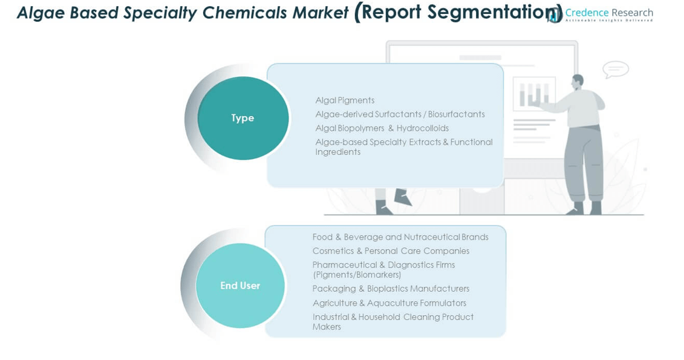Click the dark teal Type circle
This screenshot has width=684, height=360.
coord(243,118)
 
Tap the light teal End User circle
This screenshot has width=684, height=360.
coord(240,286)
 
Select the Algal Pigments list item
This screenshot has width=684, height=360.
coord(345,100)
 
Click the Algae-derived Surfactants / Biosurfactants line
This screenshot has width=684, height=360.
coord(400,114)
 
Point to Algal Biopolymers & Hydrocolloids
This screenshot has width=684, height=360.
coord(382,128)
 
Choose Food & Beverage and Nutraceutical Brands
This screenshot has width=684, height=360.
coord(400,237)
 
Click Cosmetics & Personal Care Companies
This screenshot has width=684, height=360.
coord(391,251)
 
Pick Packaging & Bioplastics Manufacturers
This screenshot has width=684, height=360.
coord(391,289)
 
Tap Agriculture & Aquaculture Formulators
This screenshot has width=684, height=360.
coord(389,303)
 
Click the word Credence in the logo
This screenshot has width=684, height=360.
coord(587,13)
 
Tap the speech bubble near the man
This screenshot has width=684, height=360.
coord(616,70)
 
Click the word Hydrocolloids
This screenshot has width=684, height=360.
coord(423,128)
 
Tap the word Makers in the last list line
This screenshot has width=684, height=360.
coord(327,327)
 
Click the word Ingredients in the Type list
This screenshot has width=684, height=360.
coord(338,152)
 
